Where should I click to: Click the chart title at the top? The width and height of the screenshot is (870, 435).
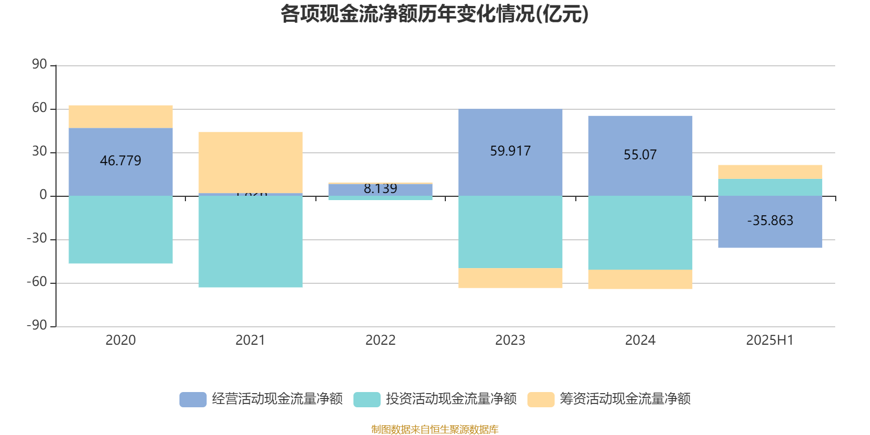coord(434,14)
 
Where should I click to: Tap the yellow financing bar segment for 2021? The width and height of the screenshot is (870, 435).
coord(251,162)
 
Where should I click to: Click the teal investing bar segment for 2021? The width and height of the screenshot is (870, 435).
coord(251,241)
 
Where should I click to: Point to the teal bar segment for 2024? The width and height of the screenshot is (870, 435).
coord(640,233)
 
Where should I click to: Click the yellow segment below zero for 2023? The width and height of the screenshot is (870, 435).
coord(510,278)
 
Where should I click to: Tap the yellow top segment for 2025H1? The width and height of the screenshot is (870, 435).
coord(770,172)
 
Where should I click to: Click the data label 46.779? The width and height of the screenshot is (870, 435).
coord(121,161)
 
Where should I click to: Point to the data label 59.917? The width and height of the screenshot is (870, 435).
coord(510,151)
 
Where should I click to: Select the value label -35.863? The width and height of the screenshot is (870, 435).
coord(770,221)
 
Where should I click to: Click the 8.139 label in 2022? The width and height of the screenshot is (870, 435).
coord(380,189)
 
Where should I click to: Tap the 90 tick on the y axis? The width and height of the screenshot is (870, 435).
coord(39,65)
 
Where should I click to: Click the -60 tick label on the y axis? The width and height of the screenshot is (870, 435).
coord(37,282)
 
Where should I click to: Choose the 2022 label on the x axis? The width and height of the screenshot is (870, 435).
coord(380,340)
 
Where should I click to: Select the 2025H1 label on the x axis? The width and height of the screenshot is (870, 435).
coord(769,340)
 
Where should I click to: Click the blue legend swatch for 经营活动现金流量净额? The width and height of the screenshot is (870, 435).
coord(193,399)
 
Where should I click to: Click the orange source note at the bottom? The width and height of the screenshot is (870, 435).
coord(434,430)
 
